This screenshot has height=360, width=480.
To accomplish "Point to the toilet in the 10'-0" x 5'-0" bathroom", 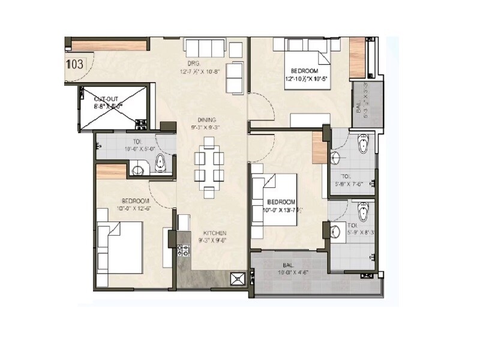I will pos(161,161).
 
